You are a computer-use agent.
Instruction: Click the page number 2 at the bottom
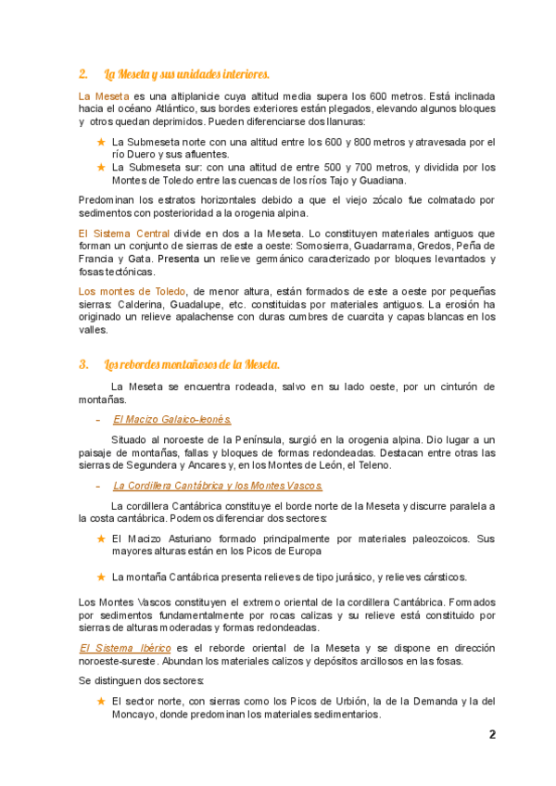click(492, 735)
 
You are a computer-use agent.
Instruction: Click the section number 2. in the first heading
click(83, 73)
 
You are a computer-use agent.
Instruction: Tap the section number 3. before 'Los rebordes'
click(83, 363)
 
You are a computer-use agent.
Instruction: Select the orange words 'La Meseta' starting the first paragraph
click(103, 95)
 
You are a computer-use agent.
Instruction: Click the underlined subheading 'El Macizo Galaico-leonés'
click(172, 419)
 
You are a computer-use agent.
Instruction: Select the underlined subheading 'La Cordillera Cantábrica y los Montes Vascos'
click(218, 485)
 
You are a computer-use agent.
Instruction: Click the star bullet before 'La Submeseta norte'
click(101, 142)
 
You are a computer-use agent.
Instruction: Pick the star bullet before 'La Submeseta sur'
click(101, 167)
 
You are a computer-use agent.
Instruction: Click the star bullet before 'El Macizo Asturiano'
click(101, 538)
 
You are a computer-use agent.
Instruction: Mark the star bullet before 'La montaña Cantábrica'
click(101, 577)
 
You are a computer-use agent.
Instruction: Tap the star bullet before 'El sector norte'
click(101, 702)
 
